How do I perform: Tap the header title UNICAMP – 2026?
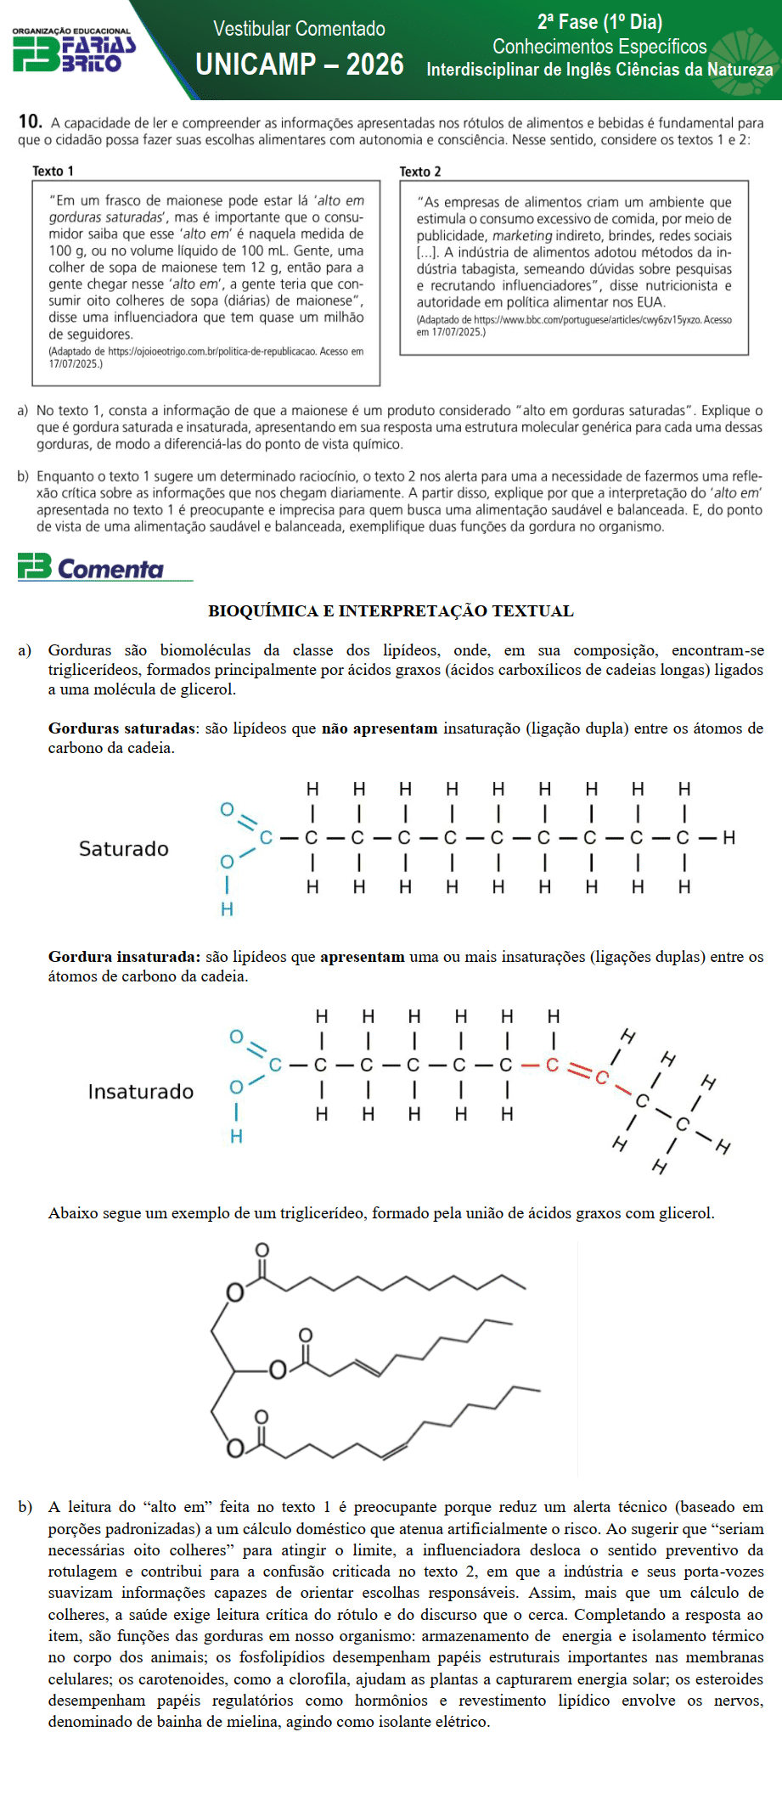pos(299,65)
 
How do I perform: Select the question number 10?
pos(30,121)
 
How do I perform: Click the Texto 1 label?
pos(53,171)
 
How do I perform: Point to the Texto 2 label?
pos(420,172)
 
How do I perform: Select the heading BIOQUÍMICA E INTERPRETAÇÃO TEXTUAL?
pos(391,610)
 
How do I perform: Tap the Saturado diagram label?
pos(124,848)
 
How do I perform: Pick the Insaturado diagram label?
pos(141,1091)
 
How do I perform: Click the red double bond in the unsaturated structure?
pos(578,1071)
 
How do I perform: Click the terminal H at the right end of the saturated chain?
pos(729,838)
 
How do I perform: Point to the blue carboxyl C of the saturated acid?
pos(266,838)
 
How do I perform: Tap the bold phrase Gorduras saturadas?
pos(121,728)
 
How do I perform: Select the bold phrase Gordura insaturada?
pos(124,956)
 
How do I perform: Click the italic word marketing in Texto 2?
pos(521,235)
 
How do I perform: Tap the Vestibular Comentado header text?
pos(299,28)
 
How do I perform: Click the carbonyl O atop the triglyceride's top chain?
pos(262,1250)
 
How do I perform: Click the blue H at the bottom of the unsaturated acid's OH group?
pos(236,1136)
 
